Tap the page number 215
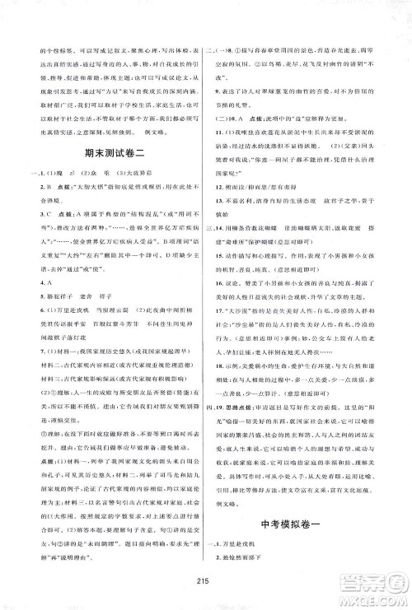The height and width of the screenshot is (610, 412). coord(206,576)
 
